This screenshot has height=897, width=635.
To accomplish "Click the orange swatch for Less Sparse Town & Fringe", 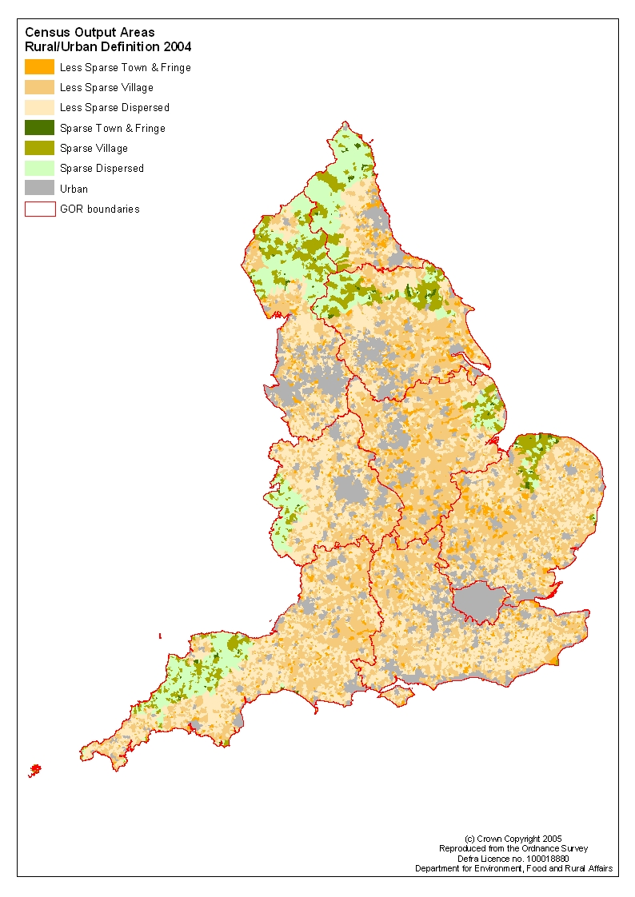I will coord(40,67).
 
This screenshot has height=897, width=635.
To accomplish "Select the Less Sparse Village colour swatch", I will coord(40,87).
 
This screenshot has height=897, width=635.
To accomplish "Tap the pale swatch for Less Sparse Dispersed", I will coord(40,107).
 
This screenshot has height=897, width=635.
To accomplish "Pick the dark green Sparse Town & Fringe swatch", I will coord(40,128).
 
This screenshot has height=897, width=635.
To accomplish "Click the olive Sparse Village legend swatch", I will coord(40,148).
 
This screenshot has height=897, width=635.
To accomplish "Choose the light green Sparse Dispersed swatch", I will coord(40,168).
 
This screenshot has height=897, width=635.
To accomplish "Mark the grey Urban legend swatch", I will coord(40,189).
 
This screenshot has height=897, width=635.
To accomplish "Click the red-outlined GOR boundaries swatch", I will coord(40,209).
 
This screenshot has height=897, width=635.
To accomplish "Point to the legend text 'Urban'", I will coord(74,189).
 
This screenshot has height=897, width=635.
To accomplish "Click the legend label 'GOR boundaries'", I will coord(99,209).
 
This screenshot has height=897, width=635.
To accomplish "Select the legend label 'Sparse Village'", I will coord(94,149).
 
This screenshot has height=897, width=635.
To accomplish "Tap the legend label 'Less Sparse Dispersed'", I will coord(114,108).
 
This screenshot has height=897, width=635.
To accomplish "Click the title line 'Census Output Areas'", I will coord(90,33).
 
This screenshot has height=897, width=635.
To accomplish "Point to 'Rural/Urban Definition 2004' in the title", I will coord(108,47).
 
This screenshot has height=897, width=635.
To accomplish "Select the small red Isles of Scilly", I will coord(34,771).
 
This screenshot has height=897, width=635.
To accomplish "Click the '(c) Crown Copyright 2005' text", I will coord(513,838).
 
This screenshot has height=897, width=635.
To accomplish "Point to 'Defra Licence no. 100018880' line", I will coord(513,858).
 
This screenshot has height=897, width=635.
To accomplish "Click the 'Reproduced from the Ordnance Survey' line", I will coord(513,847).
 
